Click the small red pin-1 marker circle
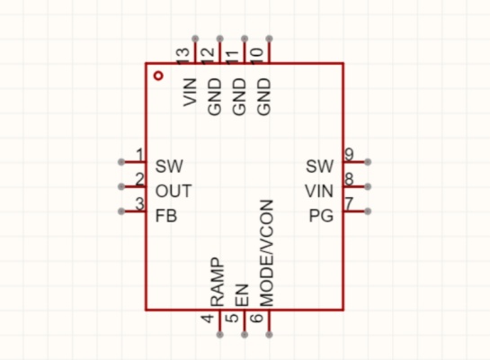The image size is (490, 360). [x=159, y=76]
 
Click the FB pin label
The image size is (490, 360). [x=166, y=216]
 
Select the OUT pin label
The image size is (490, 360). [x=174, y=191]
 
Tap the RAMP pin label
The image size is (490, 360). [x=217, y=282]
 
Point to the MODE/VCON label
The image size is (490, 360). [x=266, y=253]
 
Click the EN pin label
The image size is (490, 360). [x=242, y=295]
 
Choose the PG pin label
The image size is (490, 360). [x=321, y=216]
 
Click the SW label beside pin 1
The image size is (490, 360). [x=169, y=166]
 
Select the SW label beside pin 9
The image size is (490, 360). [x=320, y=166]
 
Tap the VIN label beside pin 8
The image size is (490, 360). [x=319, y=191]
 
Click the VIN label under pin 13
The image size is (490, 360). [x=190, y=93]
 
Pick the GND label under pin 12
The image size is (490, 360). [x=215, y=96]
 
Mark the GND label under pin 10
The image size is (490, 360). [x=264, y=96]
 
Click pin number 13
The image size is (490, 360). [x=183, y=57]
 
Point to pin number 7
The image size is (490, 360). [x=349, y=203]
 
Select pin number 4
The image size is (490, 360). [x=208, y=319]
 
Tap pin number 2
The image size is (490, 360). [x=139, y=179]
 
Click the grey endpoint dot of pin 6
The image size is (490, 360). [x=270, y=335]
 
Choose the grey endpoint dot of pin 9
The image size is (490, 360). [x=368, y=162]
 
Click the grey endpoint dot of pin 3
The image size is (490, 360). [x=121, y=211]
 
